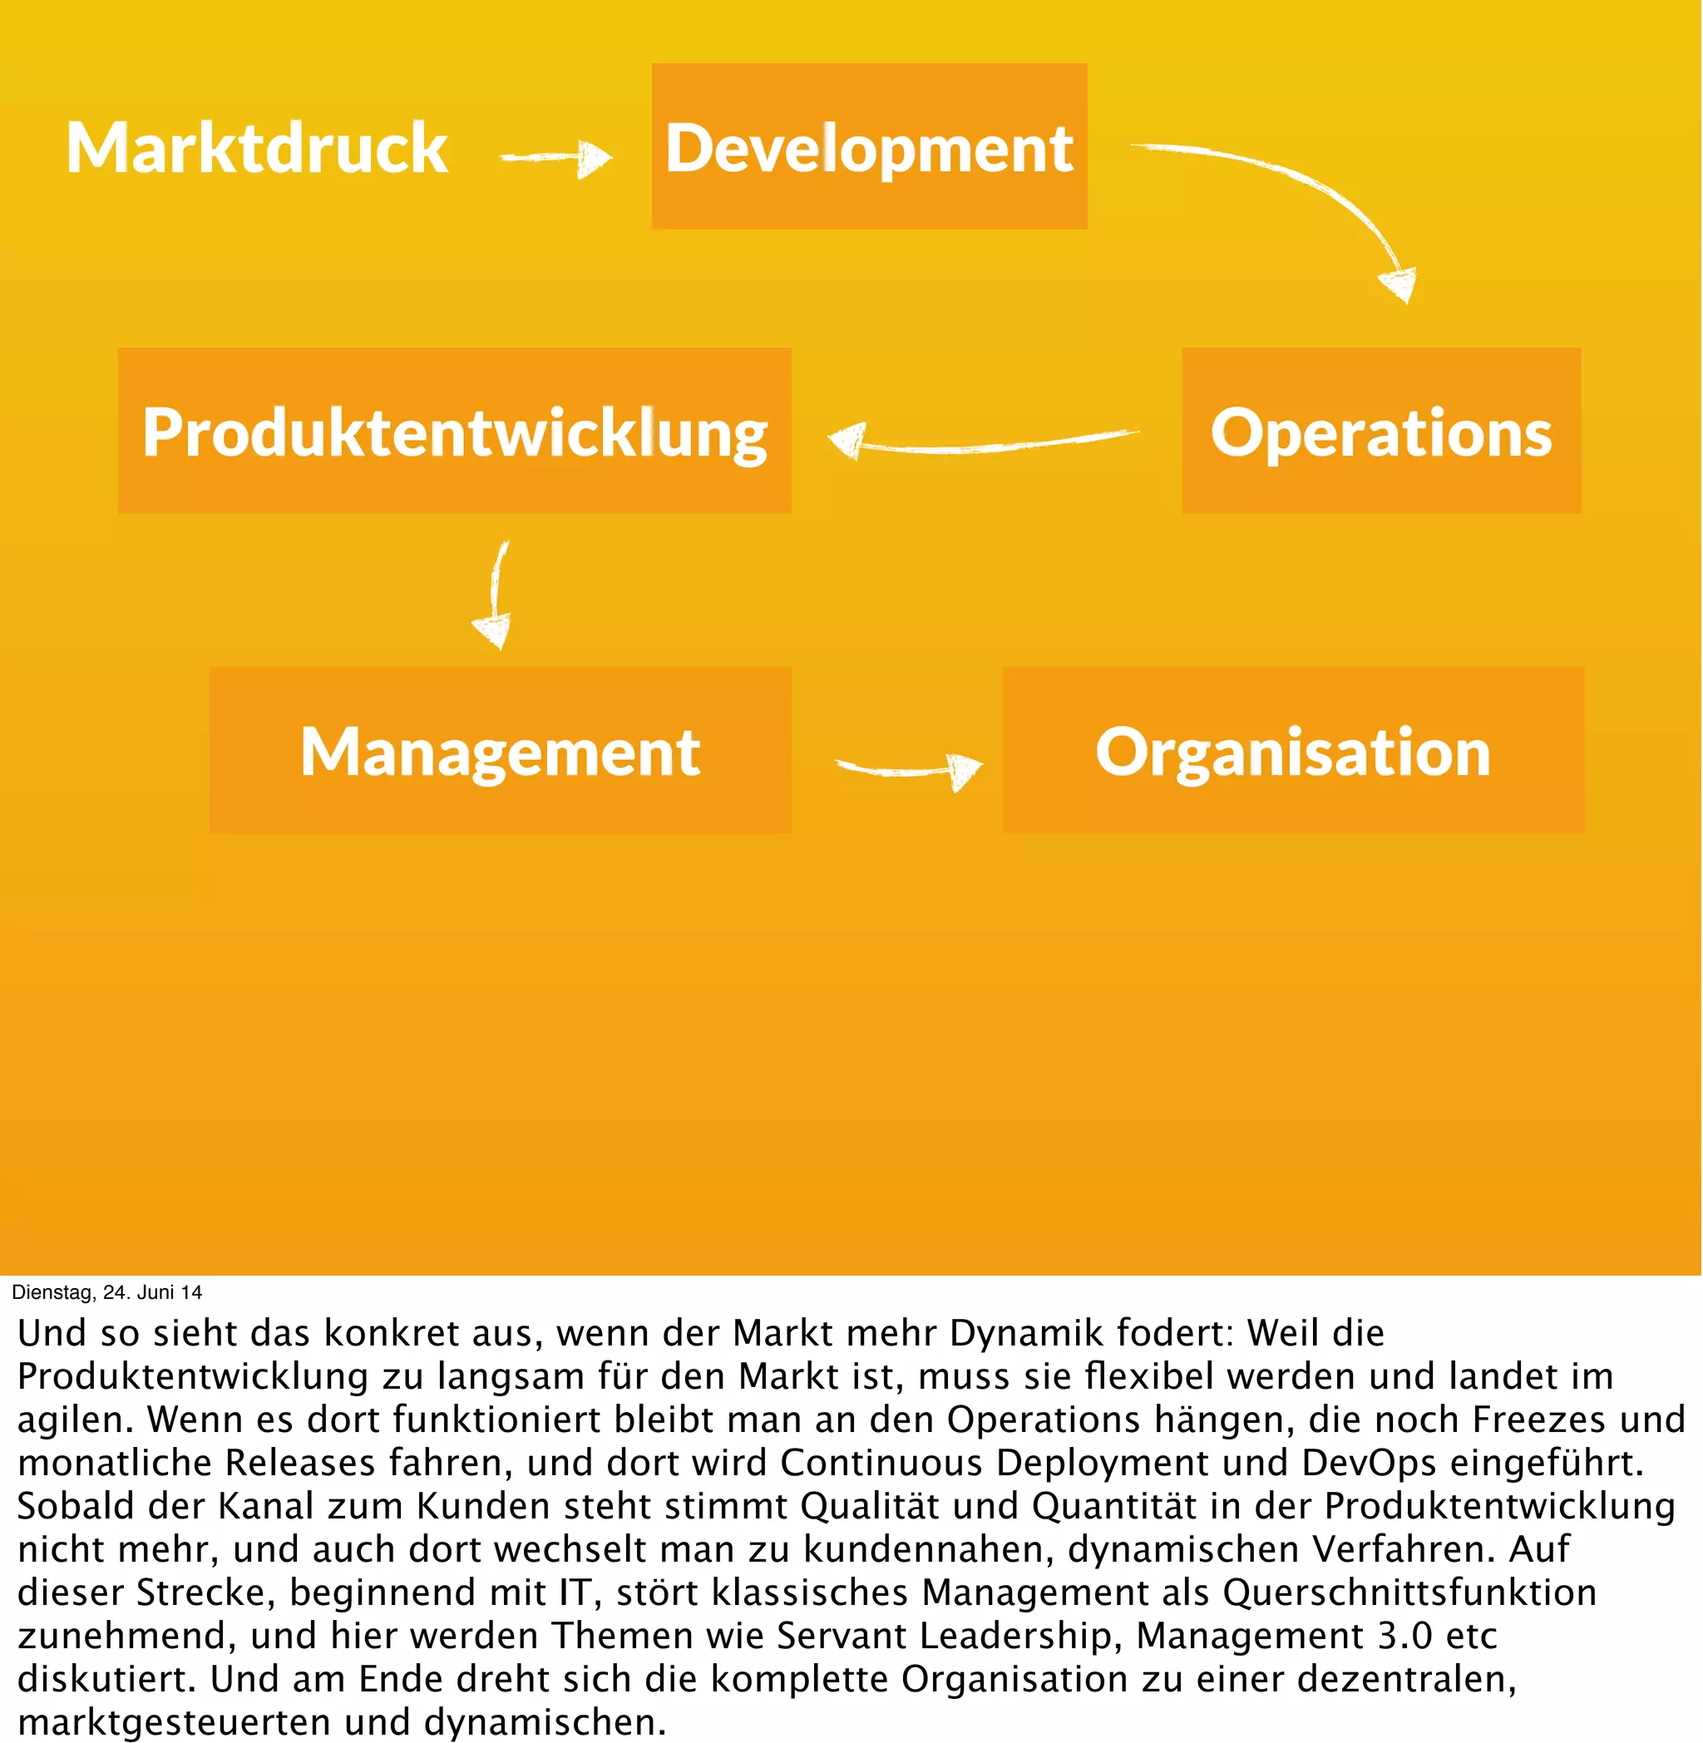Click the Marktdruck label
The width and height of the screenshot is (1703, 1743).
coord(257,149)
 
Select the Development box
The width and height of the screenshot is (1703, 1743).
coord(868,146)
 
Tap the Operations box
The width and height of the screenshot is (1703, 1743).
coord(1380,431)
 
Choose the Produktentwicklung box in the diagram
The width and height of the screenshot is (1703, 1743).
coord(454,431)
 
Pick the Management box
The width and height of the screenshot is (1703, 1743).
coord(500,750)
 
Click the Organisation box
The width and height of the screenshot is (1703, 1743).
coord(1292,750)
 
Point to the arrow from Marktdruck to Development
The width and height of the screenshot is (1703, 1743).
coord(556,158)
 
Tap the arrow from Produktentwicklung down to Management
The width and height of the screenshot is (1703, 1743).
coord(495,594)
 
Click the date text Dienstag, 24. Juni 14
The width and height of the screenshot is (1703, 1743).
coord(106,1292)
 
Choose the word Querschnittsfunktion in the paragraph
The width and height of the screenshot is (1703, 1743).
coord(1409,1592)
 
